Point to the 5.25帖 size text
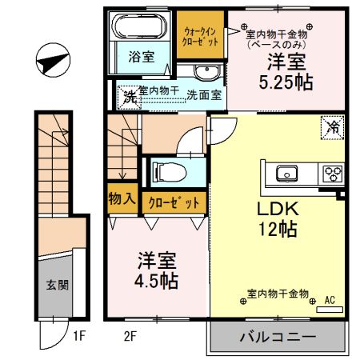pyautogui.click(x=285, y=82)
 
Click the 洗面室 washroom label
pyautogui.click(x=205, y=94)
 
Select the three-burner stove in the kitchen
pyautogui.click(x=330, y=172)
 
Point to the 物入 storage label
pyautogui.click(x=121, y=201)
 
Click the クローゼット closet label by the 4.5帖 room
pyautogui.click(x=172, y=202)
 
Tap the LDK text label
pyautogui.click(x=277, y=209)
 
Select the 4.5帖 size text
pyautogui.click(x=155, y=282)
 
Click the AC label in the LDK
pyautogui.click(x=329, y=302)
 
